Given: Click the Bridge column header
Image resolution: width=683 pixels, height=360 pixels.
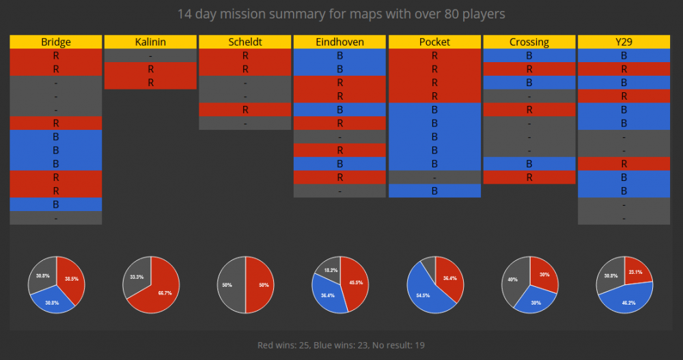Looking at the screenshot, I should point(55,42).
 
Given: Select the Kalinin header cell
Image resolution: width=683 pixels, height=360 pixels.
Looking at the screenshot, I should point(150,42).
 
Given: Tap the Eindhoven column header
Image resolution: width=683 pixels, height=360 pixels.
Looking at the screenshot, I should point(339,42).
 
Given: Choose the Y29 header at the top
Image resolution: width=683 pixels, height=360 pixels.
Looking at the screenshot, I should point(623,42).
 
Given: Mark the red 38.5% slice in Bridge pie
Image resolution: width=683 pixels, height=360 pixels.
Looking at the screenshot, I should point(70,278).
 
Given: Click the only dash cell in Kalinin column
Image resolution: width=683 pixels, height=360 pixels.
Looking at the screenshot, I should point(150,55).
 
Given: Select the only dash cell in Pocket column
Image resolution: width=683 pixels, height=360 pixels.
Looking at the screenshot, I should point(434,177).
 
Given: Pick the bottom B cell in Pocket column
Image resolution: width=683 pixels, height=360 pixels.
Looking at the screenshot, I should point(434,191).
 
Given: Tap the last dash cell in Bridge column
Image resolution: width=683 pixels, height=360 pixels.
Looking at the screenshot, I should point(55,218).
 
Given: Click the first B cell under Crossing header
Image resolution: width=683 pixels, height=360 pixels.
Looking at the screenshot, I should point(529,55).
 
